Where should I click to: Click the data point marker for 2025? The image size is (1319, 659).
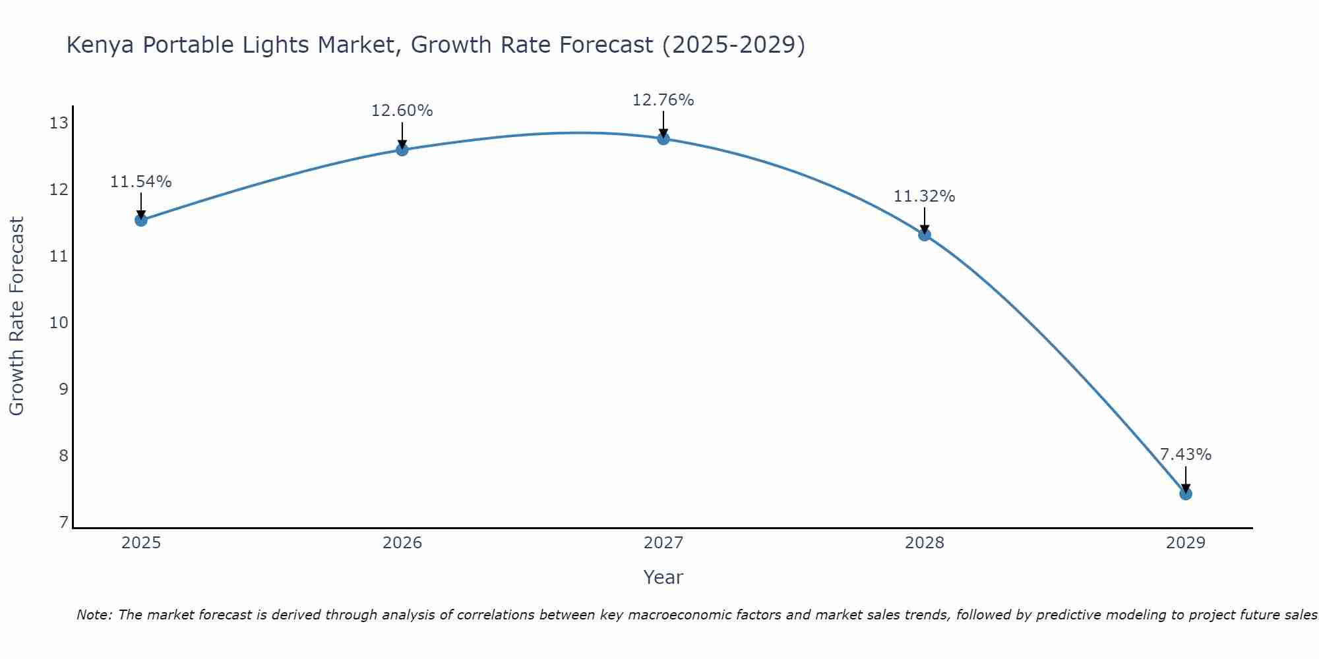pyautogui.click(x=141, y=220)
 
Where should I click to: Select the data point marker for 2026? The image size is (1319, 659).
pyautogui.click(x=402, y=150)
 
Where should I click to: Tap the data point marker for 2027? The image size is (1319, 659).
pyautogui.click(x=663, y=138)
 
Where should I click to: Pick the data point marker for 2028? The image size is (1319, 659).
pyautogui.click(x=925, y=235)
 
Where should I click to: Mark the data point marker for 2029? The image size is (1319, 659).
pyautogui.click(x=1186, y=494)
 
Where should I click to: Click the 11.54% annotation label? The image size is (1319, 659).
pyautogui.click(x=141, y=182)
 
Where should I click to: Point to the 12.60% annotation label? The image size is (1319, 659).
pyautogui.click(x=402, y=111)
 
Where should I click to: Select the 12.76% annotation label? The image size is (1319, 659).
pyautogui.click(x=663, y=100)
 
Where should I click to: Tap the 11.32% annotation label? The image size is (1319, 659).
pyautogui.click(x=925, y=196)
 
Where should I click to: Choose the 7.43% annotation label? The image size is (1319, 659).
pyautogui.click(x=1186, y=455)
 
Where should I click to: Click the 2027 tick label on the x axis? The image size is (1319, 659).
pyautogui.click(x=663, y=543)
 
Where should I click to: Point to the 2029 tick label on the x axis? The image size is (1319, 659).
pyautogui.click(x=1186, y=543)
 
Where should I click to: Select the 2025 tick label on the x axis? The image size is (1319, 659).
pyautogui.click(x=141, y=543)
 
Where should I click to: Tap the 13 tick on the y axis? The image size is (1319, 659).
pyautogui.click(x=59, y=123)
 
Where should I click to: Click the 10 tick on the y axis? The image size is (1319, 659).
pyautogui.click(x=59, y=323)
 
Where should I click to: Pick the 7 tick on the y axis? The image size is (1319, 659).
pyautogui.click(x=63, y=523)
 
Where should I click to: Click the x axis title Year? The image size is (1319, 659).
pyautogui.click(x=663, y=577)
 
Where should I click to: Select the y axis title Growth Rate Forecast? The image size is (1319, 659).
pyautogui.click(x=17, y=316)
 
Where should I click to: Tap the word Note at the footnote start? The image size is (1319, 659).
pyautogui.click(x=94, y=615)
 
